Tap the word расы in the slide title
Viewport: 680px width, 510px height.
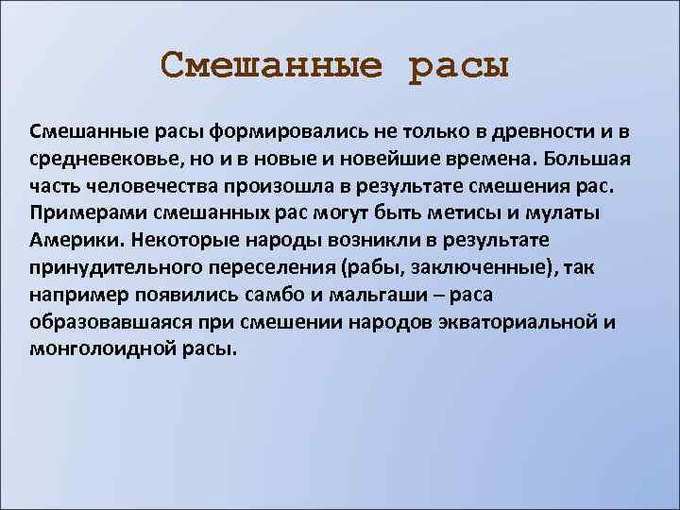point(459,67)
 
